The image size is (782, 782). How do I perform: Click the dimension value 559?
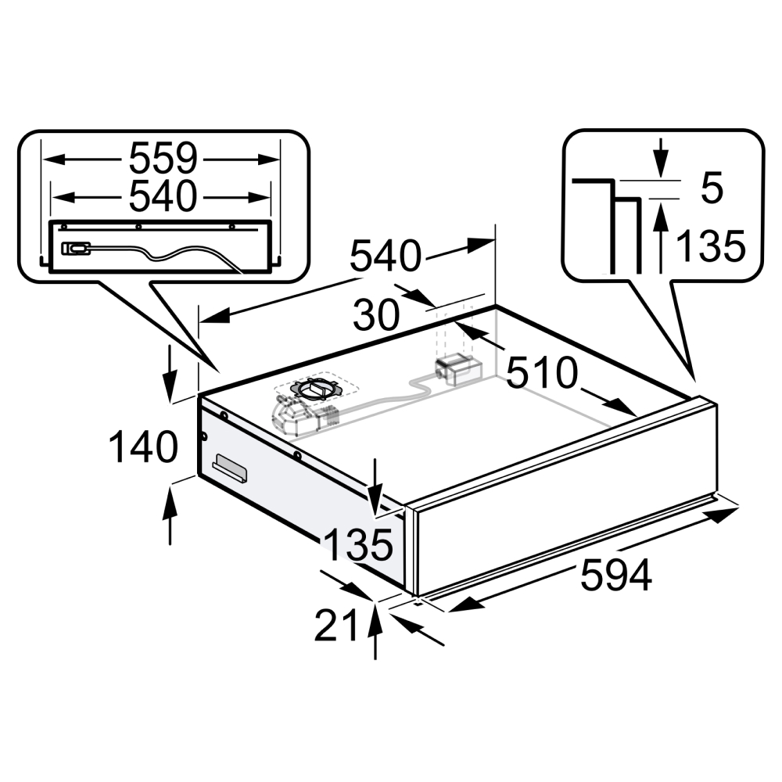click(163, 159)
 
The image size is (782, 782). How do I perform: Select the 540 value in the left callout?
click(163, 196)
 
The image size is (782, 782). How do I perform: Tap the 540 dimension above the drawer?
click(385, 256)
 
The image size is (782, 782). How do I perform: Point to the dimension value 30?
click(377, 314)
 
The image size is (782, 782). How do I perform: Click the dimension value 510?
click(542, 372)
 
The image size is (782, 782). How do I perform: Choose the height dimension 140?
click(143, 447)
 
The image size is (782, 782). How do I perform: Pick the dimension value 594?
click(616, 575)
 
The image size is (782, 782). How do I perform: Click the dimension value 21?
click(336, 625)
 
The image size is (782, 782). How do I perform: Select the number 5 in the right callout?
click(712, 188)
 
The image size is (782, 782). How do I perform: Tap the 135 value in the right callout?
click(711, 246)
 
